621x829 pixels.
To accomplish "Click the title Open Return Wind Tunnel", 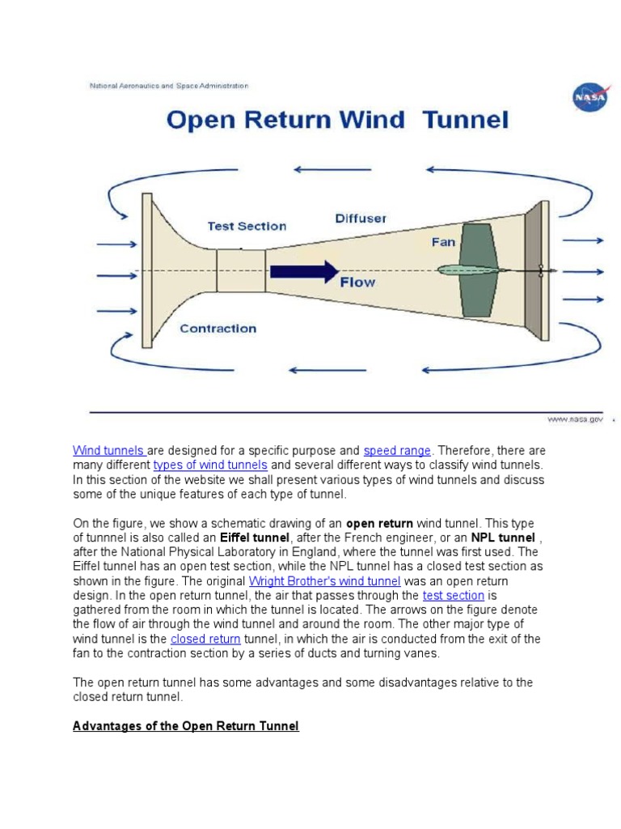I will [337, 121].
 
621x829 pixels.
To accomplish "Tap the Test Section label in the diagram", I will [247, 226].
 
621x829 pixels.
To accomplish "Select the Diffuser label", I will [361, 218].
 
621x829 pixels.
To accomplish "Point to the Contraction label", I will [218, 328].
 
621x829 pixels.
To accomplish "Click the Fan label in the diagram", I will [443, 241].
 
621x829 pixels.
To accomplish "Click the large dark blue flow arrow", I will [304, 270].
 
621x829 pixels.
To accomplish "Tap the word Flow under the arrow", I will [357, 283].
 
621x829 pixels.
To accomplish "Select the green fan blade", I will [477, 270].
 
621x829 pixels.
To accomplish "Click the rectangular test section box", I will [241, 270].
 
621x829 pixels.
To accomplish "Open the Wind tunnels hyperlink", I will [109, 450].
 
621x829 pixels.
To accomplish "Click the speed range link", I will [397, 450].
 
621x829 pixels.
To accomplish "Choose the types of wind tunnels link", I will [210, 465].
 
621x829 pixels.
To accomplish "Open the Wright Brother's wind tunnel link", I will [324, 580].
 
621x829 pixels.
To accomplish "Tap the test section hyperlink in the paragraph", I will [453, 595].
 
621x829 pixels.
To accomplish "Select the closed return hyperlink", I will [205, 639].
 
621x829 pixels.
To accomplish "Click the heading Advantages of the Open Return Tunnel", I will [186, 726].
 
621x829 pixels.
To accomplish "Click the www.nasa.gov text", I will [575, 419].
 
